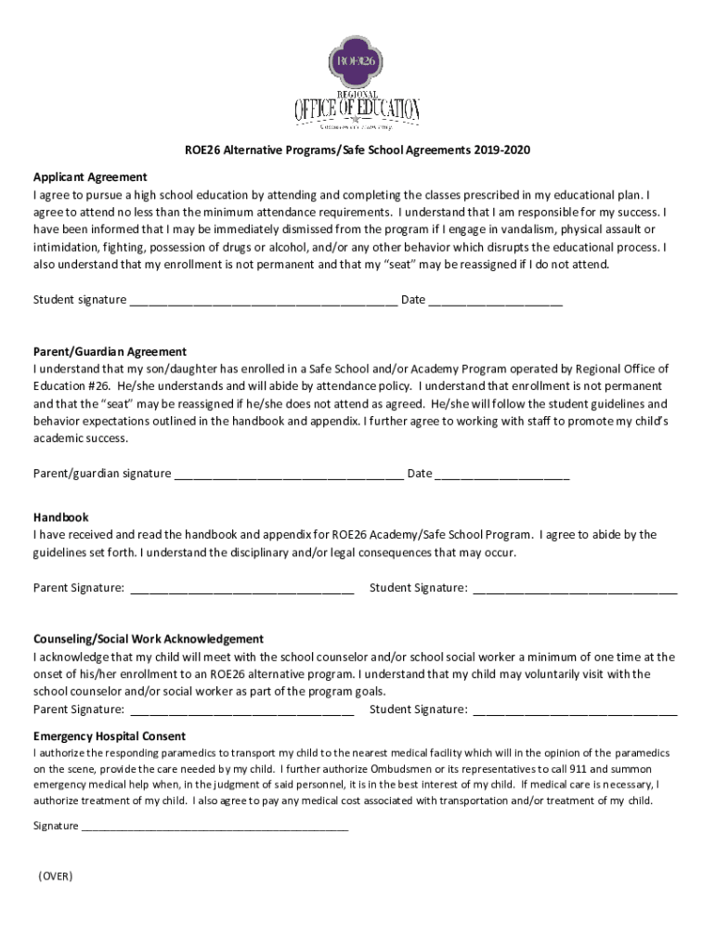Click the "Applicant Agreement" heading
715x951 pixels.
click(90, 177)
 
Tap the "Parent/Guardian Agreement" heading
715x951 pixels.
click(110, 352)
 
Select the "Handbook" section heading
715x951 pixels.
click(61, 517)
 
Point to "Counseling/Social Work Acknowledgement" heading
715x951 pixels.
click(149, 640)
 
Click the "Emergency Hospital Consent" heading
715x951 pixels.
click(110, 736)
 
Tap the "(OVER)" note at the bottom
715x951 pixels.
click(56, 877)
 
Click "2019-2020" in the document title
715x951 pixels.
click(501, 150)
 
